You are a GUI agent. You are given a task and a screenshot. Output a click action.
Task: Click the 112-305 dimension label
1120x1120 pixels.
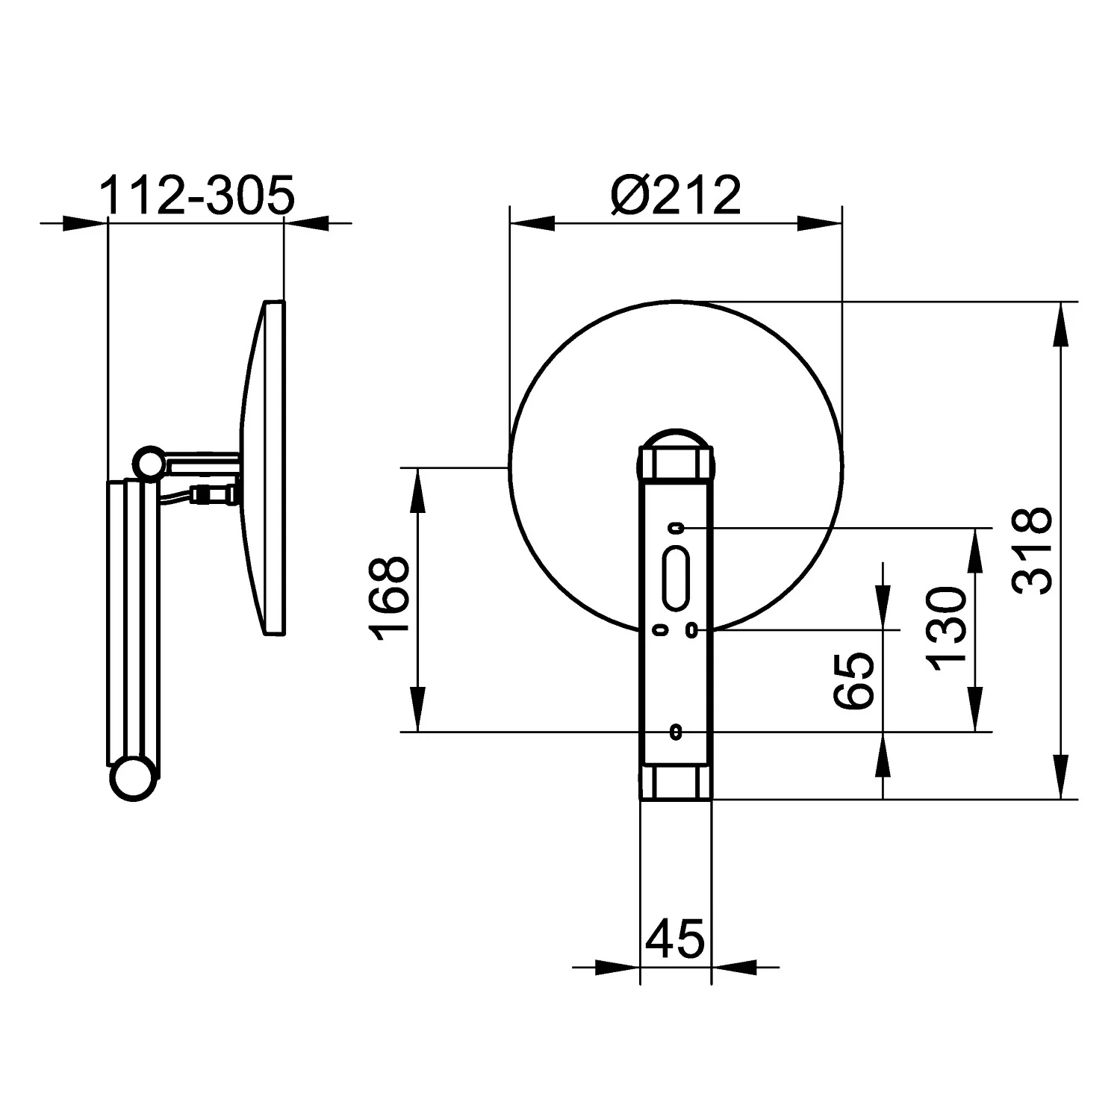(x=198, y=196)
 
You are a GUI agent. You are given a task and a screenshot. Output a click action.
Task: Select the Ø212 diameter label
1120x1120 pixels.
(x=676, y=196)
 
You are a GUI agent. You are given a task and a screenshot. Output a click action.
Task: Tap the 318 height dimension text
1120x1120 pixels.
(x=1033, y=551)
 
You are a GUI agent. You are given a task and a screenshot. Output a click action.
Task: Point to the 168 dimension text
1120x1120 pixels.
(x=390, y=600)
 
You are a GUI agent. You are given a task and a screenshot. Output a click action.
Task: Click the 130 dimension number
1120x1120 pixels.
(x=946, y=629)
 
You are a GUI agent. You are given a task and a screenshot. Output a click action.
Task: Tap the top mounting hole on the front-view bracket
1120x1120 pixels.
(x=676, y=529)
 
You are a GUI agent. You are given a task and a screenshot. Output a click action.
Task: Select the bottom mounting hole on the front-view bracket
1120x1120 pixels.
(x=676, y=732)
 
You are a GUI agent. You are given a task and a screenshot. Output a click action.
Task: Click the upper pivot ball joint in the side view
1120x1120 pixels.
(x=149, y=462)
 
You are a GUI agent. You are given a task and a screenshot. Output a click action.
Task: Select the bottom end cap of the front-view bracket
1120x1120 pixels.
(x=676, y=782)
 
